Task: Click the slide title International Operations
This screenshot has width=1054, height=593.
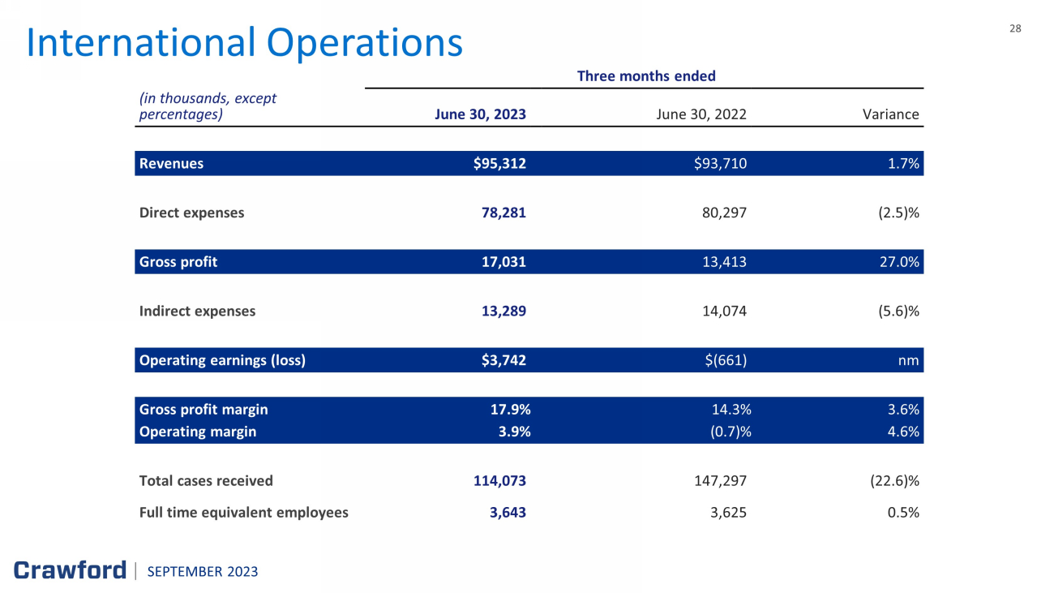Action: (x=244, y=43)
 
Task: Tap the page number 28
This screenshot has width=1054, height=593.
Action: (x=1015, y=28)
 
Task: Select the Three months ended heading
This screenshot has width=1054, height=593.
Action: (x=645, y=76)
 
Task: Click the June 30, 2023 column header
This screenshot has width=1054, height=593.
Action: (x=480, y=114)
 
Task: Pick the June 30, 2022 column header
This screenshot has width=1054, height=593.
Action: (x=701, y=114)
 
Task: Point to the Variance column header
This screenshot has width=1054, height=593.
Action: (x=890, y=114)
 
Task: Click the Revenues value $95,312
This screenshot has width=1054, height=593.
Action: (x=499, y=164)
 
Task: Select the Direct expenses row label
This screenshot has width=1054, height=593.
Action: (x=191, y=213)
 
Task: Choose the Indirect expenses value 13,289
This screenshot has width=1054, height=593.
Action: (x=504, y=311)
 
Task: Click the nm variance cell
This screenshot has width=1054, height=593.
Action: (x=910, y=360)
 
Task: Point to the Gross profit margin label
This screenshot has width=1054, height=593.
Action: (x=204, y=410)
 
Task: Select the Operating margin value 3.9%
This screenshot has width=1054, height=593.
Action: (x=511, y=432)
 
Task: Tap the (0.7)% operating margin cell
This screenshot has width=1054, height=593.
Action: (x=727, y=432)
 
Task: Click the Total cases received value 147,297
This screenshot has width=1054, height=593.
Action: (x=716, y=481)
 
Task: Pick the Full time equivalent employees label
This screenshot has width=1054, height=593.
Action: (x=243, y=513)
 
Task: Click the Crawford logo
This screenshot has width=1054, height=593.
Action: (x=70, y=570)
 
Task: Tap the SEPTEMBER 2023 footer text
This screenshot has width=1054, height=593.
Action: (x=203, y=572)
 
